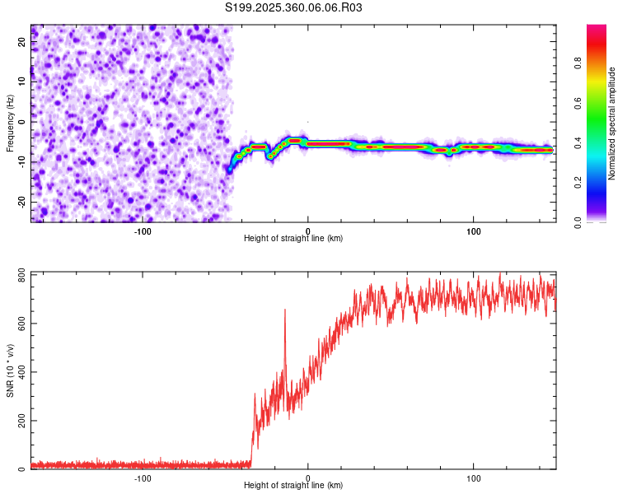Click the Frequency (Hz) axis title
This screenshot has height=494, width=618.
10,123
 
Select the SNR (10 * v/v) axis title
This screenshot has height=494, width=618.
10,370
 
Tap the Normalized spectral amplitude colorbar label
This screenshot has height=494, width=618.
612,123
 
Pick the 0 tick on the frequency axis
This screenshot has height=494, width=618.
22,122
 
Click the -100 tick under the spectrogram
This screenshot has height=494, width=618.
143,231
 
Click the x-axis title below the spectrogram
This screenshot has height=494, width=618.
293,239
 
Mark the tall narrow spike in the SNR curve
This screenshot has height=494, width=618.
285,310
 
